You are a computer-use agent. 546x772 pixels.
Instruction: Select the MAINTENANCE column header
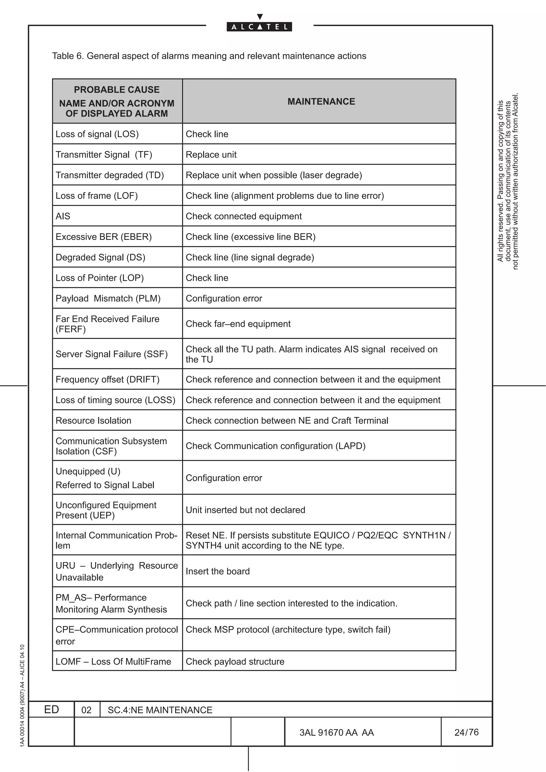(x=321, y=101)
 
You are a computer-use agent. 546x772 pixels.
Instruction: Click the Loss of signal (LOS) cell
(x=97, y=134)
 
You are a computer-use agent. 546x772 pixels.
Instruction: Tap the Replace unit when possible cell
(x=274, y=175)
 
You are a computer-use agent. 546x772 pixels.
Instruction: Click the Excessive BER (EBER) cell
(x=104, y=237)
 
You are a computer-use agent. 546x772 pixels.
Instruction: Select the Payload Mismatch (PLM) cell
(x=108, y=298)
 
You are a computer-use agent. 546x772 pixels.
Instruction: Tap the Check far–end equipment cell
(x=238, y=323)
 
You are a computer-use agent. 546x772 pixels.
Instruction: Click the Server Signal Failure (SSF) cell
(x=111, y=354)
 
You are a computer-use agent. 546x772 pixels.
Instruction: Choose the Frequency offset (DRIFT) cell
(x=107, y=379)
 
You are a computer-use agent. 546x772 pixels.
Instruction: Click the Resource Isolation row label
(x=93, y=420)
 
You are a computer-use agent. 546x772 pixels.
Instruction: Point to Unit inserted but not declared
(x=245, y=510)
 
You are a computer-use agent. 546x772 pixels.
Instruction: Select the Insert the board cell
(x=217, y=571)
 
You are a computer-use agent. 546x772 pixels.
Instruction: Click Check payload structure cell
(x=235, y=661)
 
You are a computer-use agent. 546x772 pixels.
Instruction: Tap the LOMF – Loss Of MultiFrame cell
(x=113, y=661)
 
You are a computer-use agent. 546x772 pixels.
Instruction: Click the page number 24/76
(x=466, y=732)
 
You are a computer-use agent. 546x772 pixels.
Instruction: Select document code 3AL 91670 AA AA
(x=336, y=732)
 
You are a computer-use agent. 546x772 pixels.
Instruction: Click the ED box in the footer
(x=51, y=709)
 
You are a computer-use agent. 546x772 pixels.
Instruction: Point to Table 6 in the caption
(x=67, y=56)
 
